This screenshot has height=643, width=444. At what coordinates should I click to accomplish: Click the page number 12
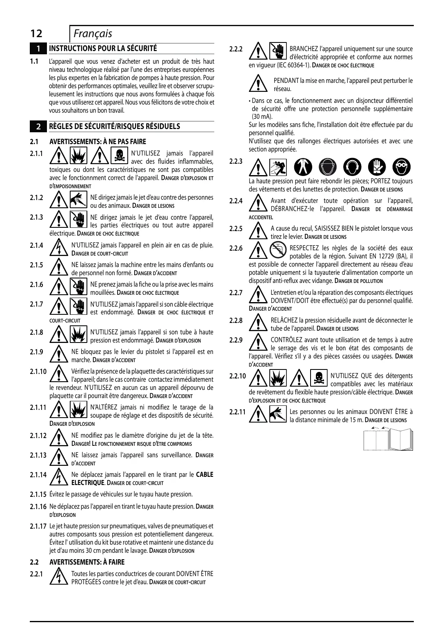[x=36, y=34]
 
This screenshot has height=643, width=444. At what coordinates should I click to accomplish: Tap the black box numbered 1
[x=38, y=49]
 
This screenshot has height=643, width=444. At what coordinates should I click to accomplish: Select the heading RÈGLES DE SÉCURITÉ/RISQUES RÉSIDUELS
[x=114, y=127]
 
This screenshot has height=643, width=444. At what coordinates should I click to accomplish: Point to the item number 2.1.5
[x=36, y=265]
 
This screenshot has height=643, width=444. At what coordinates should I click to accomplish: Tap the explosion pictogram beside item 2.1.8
[x=79, y=336]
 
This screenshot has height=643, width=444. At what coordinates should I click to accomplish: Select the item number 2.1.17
[x=38, y=526]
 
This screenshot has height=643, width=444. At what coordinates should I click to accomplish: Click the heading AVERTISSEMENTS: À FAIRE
[x=87, y=562]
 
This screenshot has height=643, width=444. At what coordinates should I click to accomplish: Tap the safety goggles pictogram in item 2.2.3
[x=402, y=167]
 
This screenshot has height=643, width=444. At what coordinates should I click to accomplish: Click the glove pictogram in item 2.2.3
[x=377, y=167]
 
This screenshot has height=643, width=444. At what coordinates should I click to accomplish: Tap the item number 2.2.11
[x=238, y=412]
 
